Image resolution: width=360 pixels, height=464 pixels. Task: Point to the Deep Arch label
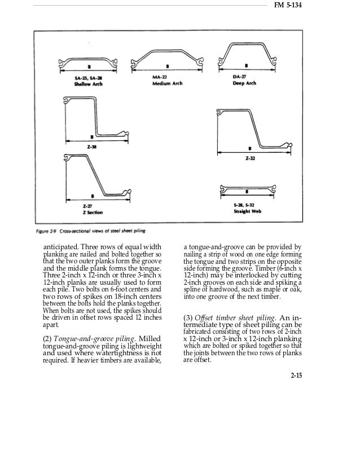[x=244, y=83]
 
